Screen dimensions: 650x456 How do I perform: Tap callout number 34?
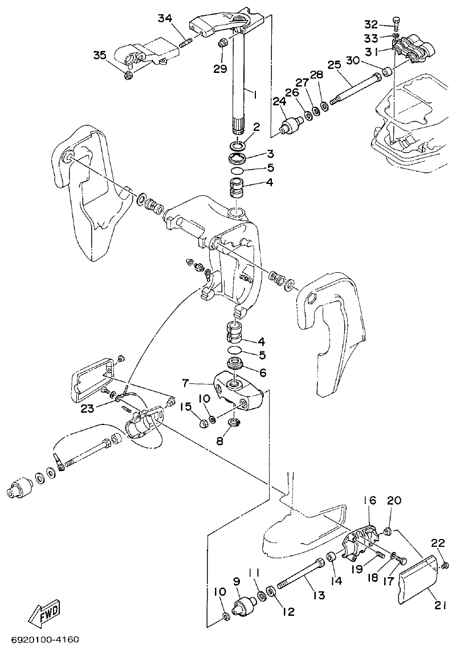[x=165, y=19]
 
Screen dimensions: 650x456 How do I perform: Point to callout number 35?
[x=100, y=55]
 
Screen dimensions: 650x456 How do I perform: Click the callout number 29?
[x=220, y=68]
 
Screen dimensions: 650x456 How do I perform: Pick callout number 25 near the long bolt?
[x=334, y=65]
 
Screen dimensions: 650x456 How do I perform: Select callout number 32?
[x=371, y=24]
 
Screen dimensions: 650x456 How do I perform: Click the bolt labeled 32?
[x=397, y=24]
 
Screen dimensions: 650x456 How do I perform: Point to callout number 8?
[x=221, y=441]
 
